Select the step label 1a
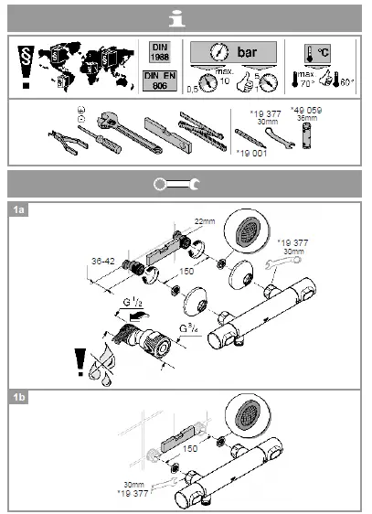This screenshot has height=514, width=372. pos(18,209)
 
